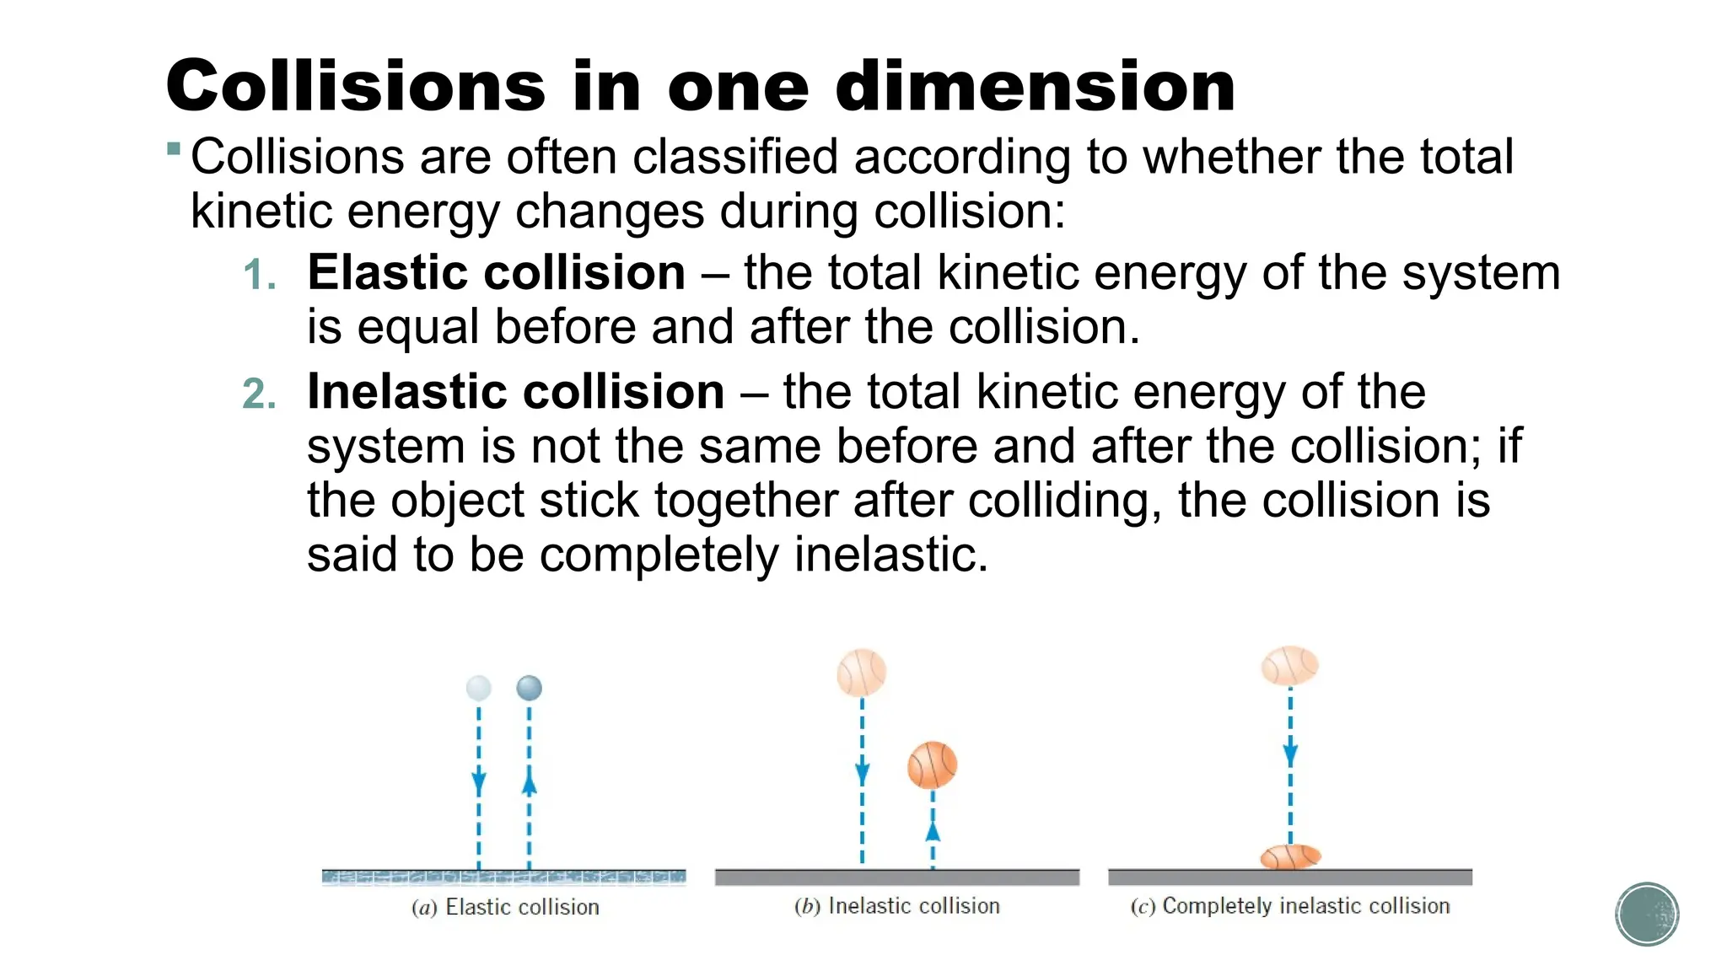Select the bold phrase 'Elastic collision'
tap(496, 273)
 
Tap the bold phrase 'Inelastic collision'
tap(515, 392)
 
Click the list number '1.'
tap(259, 276)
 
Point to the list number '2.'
tap(259, 394)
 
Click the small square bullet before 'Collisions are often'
tap(174, 150)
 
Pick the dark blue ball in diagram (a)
tap(529, 688)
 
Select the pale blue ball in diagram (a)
tap(479, 688)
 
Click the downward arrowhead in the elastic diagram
tap(479, 782)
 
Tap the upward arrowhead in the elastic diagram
tap(529, 784)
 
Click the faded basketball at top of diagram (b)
tap(861, 673)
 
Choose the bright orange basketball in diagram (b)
tap(932, 765)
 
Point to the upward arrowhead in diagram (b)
tap(932, 831)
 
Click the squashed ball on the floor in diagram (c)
tap(1289, 857)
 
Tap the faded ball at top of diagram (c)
tap(1289, 666)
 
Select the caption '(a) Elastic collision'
tap(505, 907)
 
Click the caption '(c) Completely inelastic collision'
tap(1289, 906)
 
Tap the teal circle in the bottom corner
tap(1647, 914)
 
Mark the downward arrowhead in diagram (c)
tap(1290, 754)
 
